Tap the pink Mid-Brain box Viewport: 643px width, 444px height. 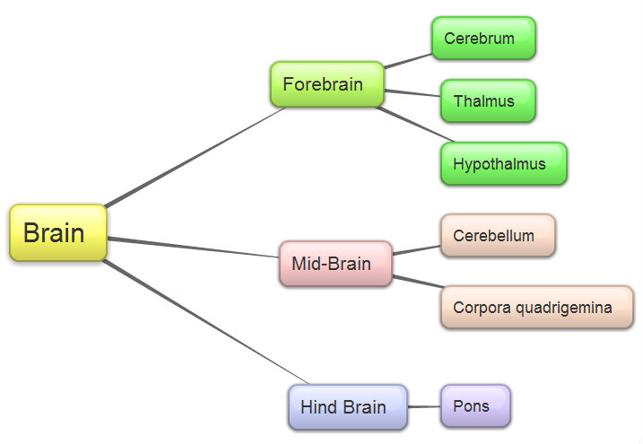[x=335, y=264]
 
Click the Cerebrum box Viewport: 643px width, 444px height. [x=483, y=39]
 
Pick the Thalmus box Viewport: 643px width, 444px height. [x=488, y=100]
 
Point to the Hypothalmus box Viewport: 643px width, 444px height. [x=503, y=164]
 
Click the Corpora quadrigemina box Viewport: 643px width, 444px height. [x=536, y=308]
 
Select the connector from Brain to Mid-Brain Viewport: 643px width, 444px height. [x=193, y=247]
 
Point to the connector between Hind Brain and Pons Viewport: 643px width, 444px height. [x=424, y=407]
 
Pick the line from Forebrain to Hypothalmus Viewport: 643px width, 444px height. [x=408, y=125]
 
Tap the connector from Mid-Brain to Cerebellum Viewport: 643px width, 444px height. [x=416, y=248]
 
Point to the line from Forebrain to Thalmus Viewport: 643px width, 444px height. [x=413, y=92]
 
